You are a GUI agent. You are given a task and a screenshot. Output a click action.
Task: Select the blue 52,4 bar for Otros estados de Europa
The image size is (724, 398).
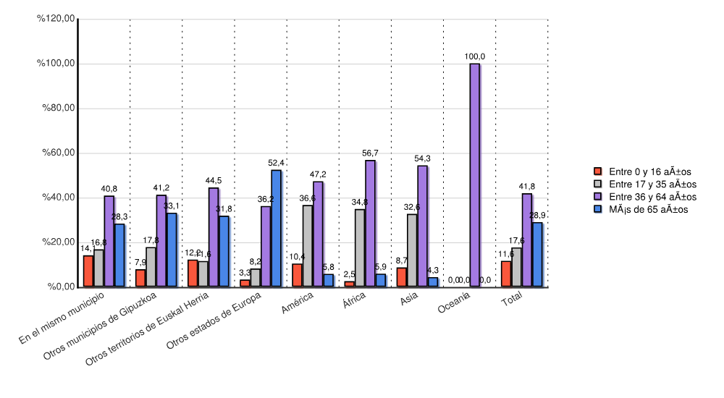(x=276, y=228)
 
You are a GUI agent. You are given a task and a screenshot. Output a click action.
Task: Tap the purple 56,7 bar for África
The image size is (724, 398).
(x=370, y=224)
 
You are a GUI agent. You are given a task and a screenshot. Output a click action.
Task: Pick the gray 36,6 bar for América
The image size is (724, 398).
(x=308, y=246)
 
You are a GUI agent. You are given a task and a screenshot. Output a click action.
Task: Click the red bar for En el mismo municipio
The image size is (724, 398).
(x=88, y=271)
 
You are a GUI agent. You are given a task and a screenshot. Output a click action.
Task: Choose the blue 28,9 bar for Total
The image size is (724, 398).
(x=537, y=255)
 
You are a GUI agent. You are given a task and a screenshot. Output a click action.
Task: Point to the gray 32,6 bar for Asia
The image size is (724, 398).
(x=412, y=250)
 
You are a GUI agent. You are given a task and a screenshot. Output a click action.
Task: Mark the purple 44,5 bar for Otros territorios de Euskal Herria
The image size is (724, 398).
(x=214, y=237)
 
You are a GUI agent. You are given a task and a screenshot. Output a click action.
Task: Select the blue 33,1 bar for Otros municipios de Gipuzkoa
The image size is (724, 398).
(x=172, y=250)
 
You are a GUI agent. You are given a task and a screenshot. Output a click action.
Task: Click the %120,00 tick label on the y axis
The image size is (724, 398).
(x=56, y=19)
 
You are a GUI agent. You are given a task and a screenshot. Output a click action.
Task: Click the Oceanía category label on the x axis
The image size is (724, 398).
(x=455, y=308)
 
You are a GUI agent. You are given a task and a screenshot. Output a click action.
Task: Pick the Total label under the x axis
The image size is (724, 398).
(x=512, y=300)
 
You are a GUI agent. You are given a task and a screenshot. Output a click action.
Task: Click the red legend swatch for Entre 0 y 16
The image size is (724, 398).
(x=598, y=172)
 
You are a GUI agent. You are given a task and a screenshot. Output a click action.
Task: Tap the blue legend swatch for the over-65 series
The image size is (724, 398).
(x=598, y=209)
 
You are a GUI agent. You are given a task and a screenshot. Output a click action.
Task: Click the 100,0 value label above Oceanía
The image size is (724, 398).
(x=475, y=56)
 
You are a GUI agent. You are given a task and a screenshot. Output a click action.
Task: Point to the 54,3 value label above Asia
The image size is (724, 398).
(x=423, y=158)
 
